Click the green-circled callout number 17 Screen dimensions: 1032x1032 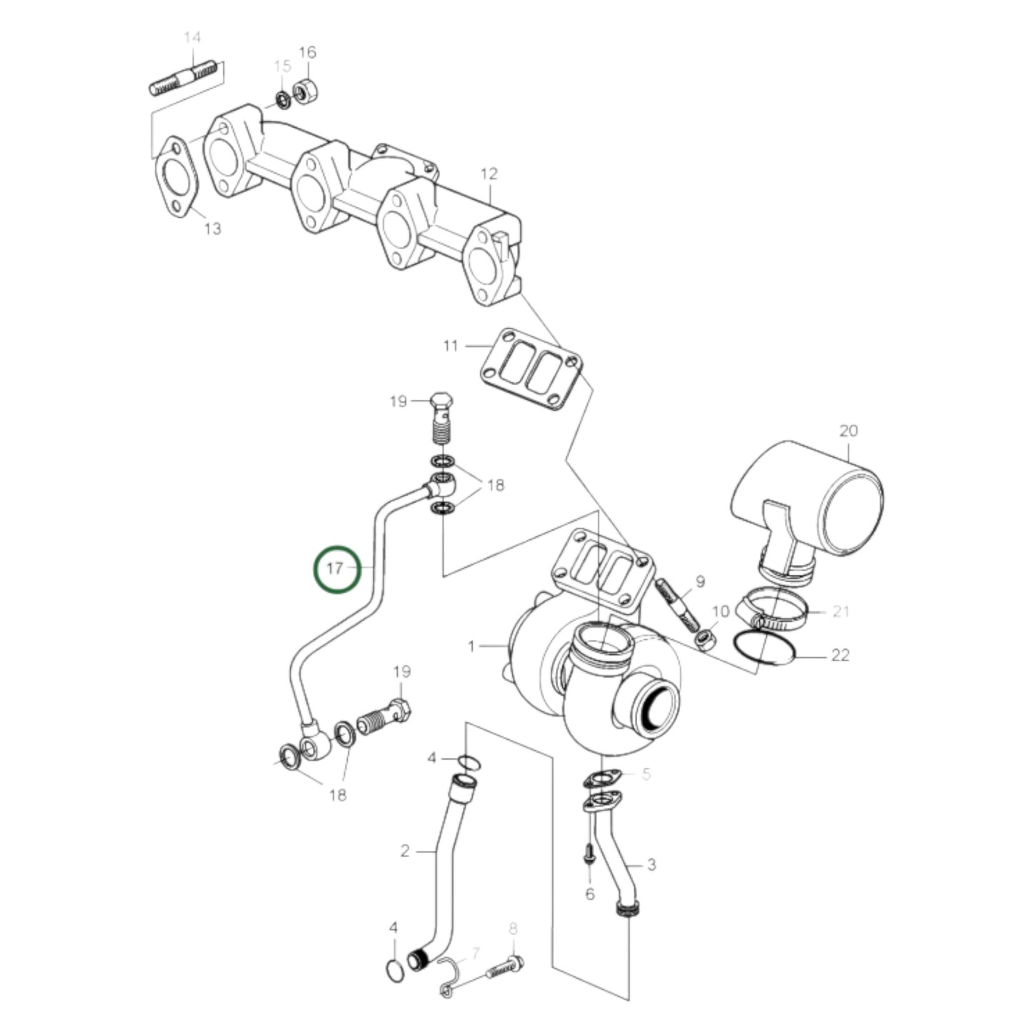coord(336,569)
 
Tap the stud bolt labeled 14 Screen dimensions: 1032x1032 coord(184,79)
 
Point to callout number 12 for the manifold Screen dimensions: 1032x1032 coord(489,174)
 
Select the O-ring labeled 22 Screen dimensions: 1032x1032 coord(764,648)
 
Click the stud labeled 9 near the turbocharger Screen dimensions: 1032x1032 coord(679,604)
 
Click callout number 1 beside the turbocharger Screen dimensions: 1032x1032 coord(471,647)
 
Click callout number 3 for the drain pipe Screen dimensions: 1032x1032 coord(651,866)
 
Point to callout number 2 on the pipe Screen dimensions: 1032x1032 coord(405,851)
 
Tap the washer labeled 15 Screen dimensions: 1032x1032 coord(282,99)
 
